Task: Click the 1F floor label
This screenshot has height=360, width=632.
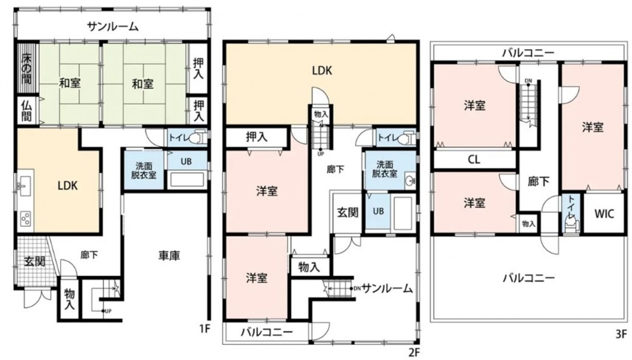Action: point(205,329)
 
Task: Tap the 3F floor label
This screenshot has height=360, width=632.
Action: point(621,333)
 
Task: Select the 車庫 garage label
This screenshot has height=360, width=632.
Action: point(169,255)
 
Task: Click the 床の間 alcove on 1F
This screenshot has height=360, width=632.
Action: point(27,69)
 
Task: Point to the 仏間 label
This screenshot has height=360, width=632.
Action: point(27,110)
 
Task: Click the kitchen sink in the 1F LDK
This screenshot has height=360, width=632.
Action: point(23,186)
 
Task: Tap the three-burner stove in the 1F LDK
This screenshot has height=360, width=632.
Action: point(25,219)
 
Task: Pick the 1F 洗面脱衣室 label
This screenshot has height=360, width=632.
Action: point(143,171)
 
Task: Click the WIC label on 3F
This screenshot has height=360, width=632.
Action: point(604,213)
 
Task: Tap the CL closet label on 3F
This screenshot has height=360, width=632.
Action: point(474,159)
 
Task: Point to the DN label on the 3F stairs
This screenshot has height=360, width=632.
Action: point(528,81)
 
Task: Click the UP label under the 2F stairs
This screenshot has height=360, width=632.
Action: point(321,153)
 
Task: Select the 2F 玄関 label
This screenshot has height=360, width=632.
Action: point(348,212)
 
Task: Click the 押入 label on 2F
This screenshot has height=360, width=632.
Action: point(257,137)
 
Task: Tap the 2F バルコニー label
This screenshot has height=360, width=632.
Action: point(267,333)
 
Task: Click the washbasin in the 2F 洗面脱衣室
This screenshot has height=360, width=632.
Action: point(410,180)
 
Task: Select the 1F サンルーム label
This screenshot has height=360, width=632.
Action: point(113,27)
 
